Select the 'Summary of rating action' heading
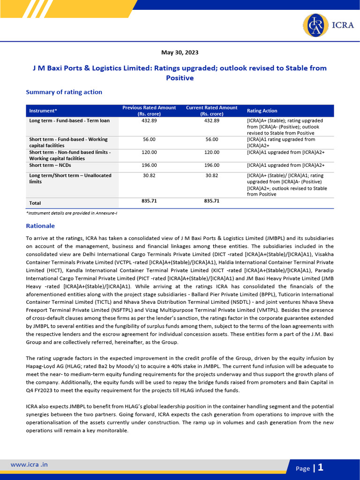click(64, 92)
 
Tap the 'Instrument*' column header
click(43, 111)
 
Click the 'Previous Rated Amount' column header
click(149, 111)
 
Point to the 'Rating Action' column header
click(262, 111)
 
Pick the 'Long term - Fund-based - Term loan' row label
click(69, 120)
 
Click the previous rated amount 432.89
click(149, 120)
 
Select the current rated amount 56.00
click(212, 139)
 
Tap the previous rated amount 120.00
click(149, 152)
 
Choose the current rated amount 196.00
click(212, 165)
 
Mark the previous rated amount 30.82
click(149, 175)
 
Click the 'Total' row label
click(35, 203)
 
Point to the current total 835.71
click(212, 201)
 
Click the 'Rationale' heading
click(40, 225)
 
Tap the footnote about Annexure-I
click(71, 213)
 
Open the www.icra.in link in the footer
click(29, 465)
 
